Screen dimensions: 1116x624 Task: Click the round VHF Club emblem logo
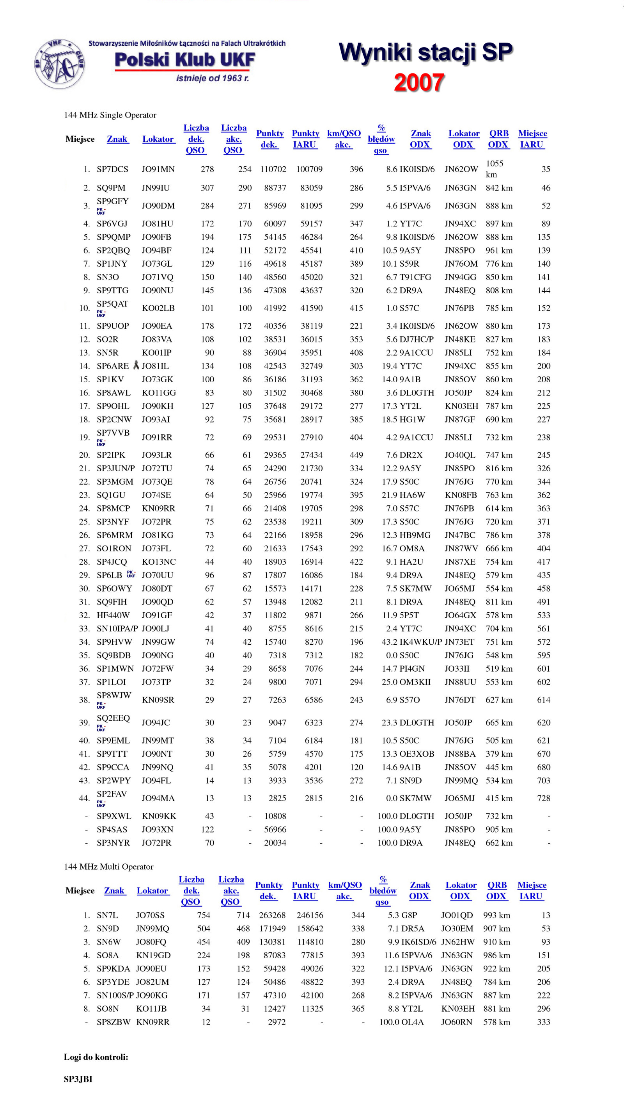click(x=59, y=64)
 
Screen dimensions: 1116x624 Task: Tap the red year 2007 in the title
click(x=419, y=82)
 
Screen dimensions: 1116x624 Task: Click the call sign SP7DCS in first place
click(x=112, y=169)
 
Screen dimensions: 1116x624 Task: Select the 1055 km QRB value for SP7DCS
click(x=494, y=169)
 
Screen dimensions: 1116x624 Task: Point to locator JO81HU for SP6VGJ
click(x=158, y=223)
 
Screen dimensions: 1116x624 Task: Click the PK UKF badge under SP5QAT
click(x=101, y=313)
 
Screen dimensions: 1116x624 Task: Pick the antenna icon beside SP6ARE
click(x=136, y=365)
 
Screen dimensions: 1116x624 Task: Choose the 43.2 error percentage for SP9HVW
click(x=390, y=642)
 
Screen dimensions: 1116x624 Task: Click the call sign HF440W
click(x=113, y=615)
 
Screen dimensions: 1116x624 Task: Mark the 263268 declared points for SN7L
click(x=272, y=915)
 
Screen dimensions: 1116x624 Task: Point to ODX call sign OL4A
click(x=412, y=1022)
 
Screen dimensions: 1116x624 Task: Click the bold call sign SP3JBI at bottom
click(x=78, y=1079)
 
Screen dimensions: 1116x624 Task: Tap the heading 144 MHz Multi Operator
click(x=109, y=866)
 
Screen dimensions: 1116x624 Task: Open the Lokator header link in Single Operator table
click(x=158, y=139)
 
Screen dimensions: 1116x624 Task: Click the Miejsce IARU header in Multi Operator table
click(x=532, y=891)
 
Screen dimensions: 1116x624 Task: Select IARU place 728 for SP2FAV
click(x=544, y=798)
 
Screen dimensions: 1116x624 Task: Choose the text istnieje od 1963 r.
click(x=212, y=78)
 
